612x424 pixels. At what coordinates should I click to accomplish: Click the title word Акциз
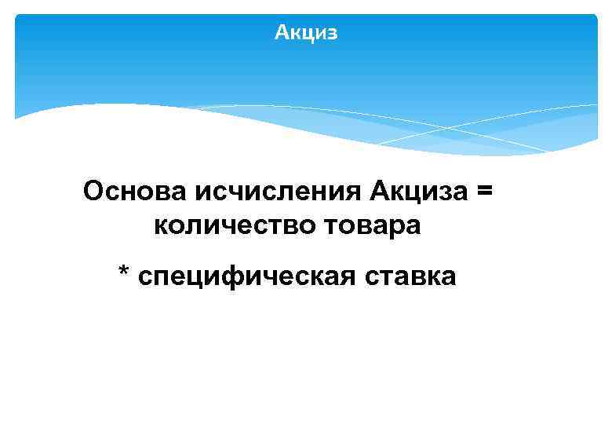[306, 32]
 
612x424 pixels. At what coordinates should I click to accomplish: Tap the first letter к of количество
[160, 225]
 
